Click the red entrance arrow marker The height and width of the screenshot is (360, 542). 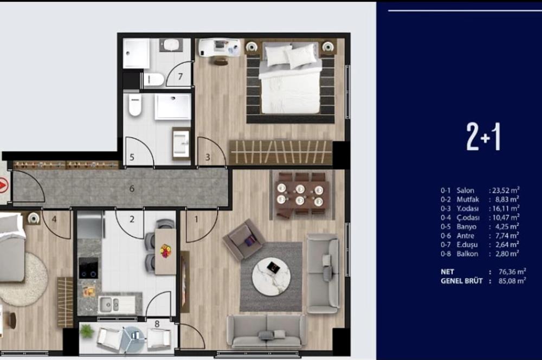[x=2, y=187]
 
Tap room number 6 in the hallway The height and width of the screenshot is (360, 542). [x=132, y=189]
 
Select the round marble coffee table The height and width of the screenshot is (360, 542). [x=271, y=277]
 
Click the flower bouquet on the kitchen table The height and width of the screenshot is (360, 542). [x=165, y=250]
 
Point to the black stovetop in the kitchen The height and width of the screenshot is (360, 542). [x=88, y=268]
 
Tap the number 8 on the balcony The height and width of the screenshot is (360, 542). [x=157, y=324]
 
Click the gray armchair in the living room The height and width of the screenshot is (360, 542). [x=244, y=239]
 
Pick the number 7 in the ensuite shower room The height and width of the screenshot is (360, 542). [x=180, y=76]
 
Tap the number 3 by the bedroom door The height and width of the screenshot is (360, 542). [x=208, y=157]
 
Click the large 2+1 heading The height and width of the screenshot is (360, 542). [x=483, y=137]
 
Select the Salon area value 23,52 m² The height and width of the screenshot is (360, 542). [x=506, y=190]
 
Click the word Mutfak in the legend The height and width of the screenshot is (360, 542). [x=468, y=200]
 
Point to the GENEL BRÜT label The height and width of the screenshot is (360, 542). [x=461, y=281]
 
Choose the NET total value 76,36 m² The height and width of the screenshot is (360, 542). [x=512, y=272]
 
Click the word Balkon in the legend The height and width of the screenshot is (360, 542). [x=467, y=254]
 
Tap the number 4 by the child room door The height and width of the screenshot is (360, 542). [x=54, y=220]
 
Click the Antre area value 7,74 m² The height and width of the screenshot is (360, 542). [x=507, y=236]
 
